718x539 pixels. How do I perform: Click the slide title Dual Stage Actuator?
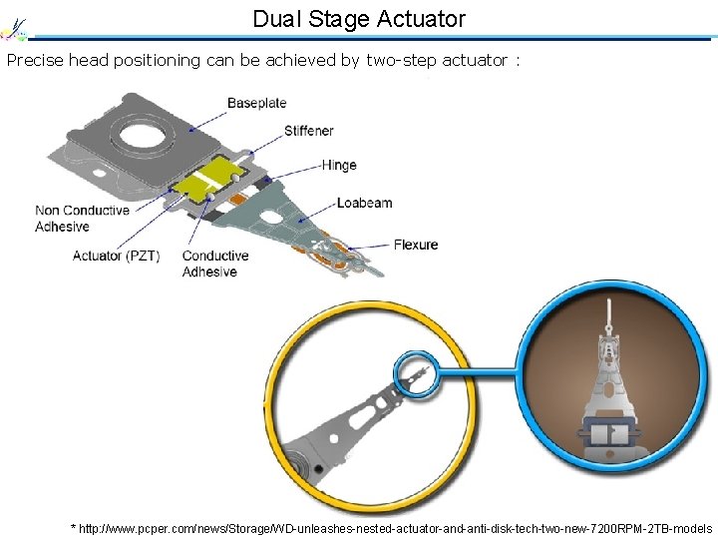point(358,19)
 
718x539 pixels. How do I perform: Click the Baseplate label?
point(256,103)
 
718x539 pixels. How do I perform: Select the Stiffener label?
point(308,131)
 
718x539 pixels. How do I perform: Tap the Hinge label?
point(339,165)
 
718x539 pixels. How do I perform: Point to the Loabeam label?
point(364,203)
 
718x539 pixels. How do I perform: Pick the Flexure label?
point(416,245)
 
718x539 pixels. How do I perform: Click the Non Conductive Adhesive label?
point(82,219)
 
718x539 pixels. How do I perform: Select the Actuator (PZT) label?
point(116,256)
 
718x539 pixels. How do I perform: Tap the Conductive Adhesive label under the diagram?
point(215,264)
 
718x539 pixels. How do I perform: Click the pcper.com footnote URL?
point(392,527)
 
